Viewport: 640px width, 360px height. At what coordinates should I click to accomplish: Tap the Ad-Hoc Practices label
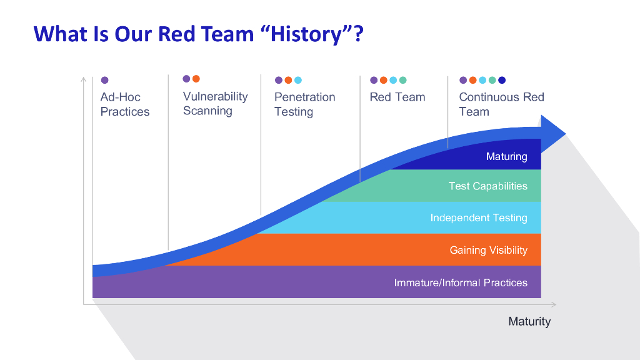[x=125, y=104]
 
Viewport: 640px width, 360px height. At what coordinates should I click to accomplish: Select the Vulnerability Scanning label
[x=215, y=104]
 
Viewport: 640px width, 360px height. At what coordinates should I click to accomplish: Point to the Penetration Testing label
[x=304, y=104]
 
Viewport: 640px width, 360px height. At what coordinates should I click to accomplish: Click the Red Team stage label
[x=397, y=97]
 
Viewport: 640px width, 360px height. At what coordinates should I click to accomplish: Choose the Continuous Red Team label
[x=501, y=104]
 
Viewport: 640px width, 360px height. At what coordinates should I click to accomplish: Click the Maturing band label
[x=506, y=156]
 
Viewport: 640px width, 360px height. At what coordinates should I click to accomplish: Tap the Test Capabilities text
[x=487, y=186]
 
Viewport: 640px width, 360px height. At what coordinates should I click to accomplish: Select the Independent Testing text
[x=479, y=218]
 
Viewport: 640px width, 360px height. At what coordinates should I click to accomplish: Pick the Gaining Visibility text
[x=488, y=250]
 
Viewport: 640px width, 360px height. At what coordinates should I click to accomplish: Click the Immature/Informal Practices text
[x=461, y=282]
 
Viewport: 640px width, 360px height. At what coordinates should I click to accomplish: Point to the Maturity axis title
[x=529, y=321]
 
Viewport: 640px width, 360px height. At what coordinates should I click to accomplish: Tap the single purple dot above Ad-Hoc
[x=104, y=80]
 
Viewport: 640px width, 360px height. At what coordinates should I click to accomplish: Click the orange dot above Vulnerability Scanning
[x=196, y=79]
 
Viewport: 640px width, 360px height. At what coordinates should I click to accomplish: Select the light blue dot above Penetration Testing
[x=298, y=80]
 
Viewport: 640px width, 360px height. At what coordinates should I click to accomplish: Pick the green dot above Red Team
[x=403, y=80]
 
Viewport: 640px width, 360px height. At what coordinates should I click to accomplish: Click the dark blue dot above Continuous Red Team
[x=502, y=80]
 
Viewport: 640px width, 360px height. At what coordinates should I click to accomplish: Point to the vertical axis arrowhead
[x=83, y=79]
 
